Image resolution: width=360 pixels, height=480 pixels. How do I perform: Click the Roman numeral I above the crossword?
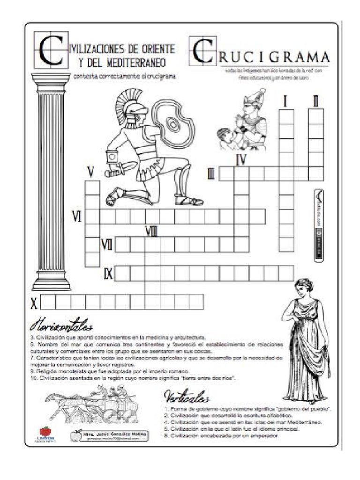[x=285, y=101]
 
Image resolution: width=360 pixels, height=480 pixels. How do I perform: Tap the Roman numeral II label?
[x=316, y=101]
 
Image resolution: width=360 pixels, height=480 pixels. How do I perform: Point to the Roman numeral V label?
[x=91, y=172]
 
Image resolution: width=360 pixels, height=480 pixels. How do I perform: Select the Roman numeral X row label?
[x=33, y=303]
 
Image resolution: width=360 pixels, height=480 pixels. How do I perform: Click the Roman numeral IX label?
[x=108, y=273]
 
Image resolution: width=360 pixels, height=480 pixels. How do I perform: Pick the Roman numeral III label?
[x=211, y=174]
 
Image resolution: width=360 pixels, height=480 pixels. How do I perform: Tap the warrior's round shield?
[x=174, y=124]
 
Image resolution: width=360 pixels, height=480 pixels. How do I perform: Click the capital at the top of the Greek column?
[x=51, y=82]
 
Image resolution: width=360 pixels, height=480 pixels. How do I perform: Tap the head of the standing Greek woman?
[x=304, y=287]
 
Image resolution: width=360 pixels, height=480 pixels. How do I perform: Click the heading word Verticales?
[x=186, y=398]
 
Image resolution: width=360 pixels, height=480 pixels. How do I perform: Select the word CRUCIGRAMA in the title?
[x=274, y=57]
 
